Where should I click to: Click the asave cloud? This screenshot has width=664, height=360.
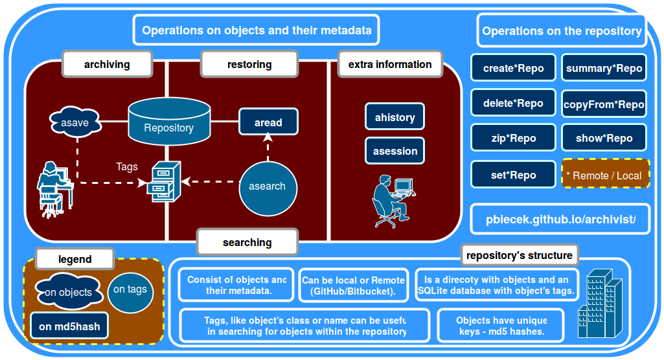click(74, 122)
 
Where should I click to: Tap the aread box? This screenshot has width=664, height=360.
click(268, 122)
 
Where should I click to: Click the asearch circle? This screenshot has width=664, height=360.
click(267, 186)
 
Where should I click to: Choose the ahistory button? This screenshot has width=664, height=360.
click(395, 117)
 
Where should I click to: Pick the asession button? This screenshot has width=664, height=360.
click(395, 151)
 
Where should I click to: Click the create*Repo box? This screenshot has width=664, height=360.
click(513, 68)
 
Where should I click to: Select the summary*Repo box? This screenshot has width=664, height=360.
click(604, 68)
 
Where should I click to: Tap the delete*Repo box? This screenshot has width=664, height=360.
click(513, 103)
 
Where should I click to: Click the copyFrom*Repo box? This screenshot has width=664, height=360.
click(604, 104)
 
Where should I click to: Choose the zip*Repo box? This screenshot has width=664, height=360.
click(513, 138)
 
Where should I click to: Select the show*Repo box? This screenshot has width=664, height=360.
click(604, 138)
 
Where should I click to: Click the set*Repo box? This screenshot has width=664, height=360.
click(513, 175)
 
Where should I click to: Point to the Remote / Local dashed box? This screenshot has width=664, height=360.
click(605, 175)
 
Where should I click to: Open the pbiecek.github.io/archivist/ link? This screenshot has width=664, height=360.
click(560, 219)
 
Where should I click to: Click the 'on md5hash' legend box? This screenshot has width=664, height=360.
click(69, 326)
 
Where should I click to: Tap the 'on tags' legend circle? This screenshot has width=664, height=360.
click(130, 289)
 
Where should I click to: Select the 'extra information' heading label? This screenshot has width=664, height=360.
click(390, 65)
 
